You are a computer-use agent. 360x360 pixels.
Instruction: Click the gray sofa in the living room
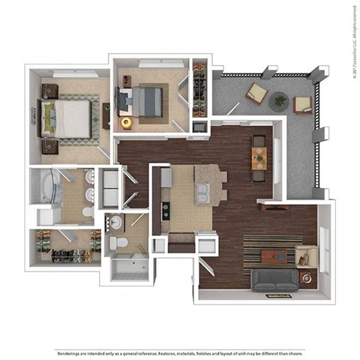[x=274, y=280]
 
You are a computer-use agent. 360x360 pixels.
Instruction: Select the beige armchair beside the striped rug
[x=307, y=256]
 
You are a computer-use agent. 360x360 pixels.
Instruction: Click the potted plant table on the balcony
[x=280, y=99]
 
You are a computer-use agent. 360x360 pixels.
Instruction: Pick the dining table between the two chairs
[x=259, y=157]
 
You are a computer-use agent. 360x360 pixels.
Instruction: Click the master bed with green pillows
[x=70, y=118]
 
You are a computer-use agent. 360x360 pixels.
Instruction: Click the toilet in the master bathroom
[x=88, y=213]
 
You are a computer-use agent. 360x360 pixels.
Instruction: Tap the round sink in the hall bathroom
[x=117, y=223]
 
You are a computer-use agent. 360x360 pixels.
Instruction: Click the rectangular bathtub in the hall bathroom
[x=132, y=266]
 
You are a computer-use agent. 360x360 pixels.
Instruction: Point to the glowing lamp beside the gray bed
[x=126, y=121]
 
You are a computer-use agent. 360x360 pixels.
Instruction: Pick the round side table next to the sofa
[x=305, y=277]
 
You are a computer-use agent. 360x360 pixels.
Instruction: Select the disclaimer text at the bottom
[x=180, y=352]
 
